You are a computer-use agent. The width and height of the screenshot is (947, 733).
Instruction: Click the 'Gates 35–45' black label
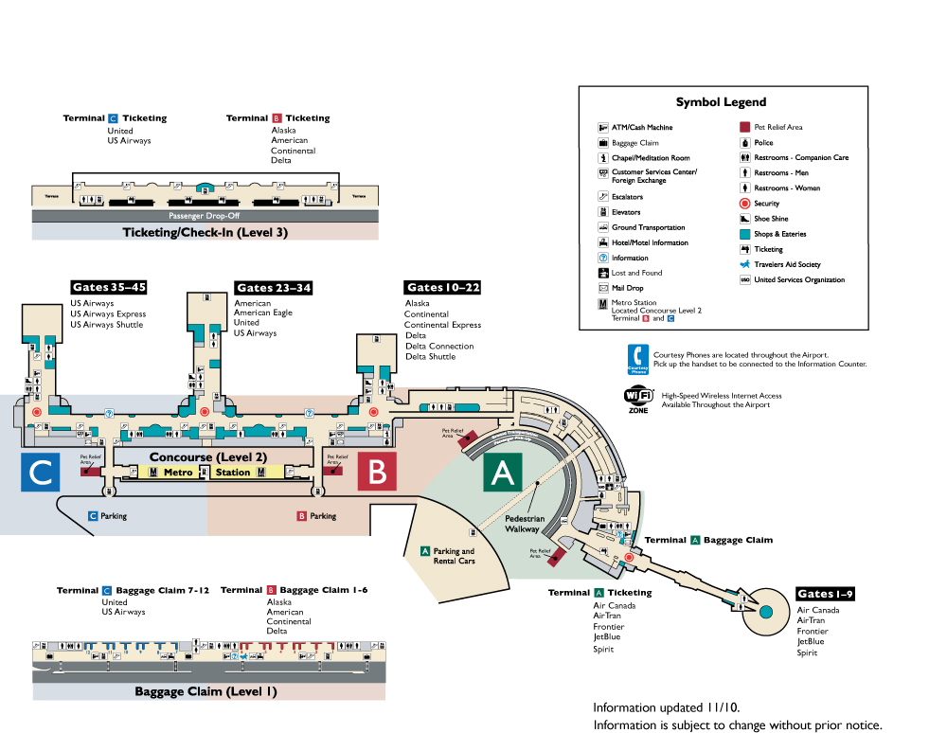[x=109, y=288]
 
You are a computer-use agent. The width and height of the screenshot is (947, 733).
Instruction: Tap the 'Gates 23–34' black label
[x=274, y=288]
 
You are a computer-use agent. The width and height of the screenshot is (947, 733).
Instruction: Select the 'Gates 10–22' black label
[x=443, y=288]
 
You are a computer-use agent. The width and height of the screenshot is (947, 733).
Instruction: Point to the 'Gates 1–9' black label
[x=826, y=595]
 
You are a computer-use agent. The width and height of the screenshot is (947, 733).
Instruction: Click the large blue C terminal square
[x=40, y=471]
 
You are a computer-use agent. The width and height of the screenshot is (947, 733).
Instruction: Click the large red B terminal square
[x=377, y=471]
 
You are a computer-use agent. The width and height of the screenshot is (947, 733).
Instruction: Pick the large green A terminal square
[x=503, y=471]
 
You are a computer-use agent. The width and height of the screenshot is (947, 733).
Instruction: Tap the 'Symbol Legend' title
[x=721, y=102]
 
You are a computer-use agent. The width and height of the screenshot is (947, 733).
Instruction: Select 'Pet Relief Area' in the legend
[x=777, y=127]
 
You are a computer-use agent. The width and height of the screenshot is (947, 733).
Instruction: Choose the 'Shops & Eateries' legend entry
[x=779, y=234]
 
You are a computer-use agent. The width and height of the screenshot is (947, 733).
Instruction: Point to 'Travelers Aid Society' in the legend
[x=787, y=264]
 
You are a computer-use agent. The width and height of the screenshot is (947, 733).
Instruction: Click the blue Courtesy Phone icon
[x=637, y=360]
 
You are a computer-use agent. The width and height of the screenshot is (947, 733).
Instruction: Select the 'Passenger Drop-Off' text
[x=205, y=216]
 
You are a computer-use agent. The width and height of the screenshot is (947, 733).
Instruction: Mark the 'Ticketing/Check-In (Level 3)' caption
[x=205, y=232]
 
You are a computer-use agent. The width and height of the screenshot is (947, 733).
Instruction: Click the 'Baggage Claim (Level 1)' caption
[x=205, y=691]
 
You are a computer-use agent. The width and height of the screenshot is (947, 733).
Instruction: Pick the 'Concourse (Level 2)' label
[x=208, y=456]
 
